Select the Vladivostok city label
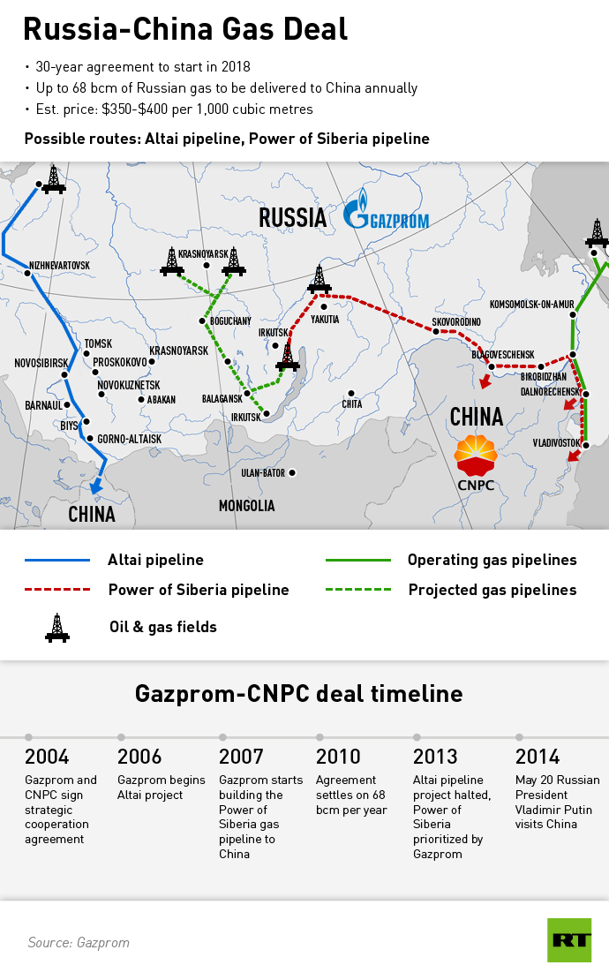[x=556, y=442]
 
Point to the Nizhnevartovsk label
[x=60, y=265]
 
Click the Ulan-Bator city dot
[x=292, y=473]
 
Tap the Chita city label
[x=351, y=404]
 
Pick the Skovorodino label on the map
[x=456, y=321]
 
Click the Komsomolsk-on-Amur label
[x=531, y=303]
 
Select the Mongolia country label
[x=247, y=506]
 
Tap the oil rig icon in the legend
[x=57, y=627]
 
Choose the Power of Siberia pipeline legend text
[x=199, y=590]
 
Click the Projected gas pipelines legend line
[x=358, y=589]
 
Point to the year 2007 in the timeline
[x=241, y=757]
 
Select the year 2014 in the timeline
[x=538, y=757]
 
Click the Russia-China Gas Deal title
[x=185, y=29]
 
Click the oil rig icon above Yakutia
[x=319, y=279]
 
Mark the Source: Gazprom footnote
[x=79, y=942]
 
